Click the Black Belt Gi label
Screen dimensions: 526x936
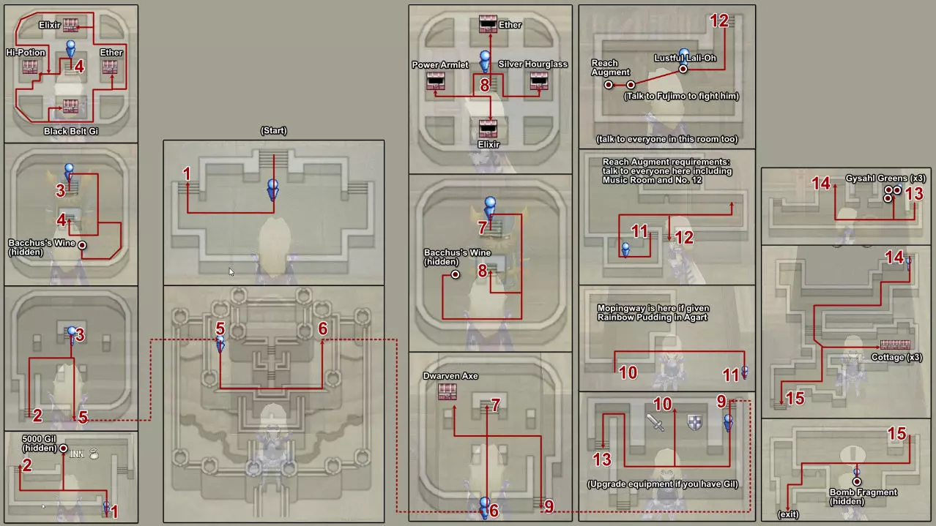[70, 131]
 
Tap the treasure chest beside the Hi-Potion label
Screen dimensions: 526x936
[30, 67]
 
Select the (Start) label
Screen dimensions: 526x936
[273, 131]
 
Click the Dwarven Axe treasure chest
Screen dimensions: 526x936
[447, 391]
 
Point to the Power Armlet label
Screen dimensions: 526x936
[435, 64]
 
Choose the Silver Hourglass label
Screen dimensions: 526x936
[532, 64]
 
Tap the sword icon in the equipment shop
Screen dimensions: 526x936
[655, 422]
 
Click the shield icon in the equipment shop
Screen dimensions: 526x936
[694, 422]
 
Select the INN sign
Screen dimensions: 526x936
[76, 454]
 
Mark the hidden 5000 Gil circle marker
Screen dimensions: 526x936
[64, 448]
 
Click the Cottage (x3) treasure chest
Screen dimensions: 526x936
[895, 345]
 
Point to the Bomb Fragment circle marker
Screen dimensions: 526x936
[857, 481]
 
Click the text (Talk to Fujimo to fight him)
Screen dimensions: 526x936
[681, 96]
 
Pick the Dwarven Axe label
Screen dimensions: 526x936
[450, 376]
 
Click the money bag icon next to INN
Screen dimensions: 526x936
[94, 454]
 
